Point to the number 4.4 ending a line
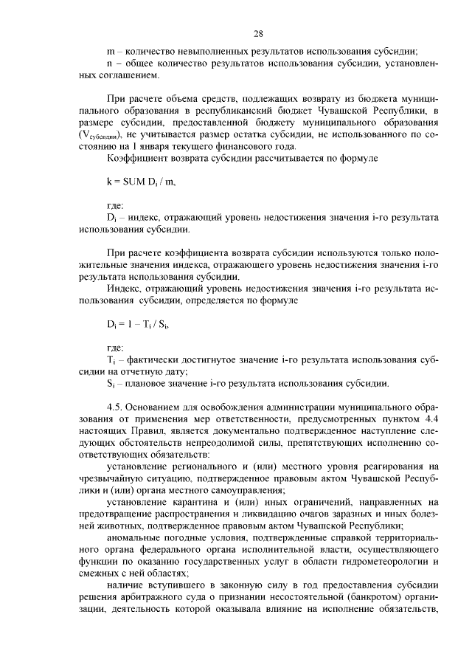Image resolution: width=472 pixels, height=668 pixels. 431,418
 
